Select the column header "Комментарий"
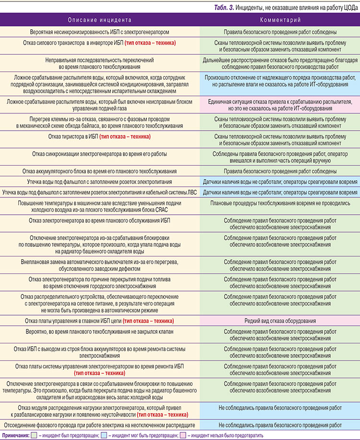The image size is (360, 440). click(x=280, y=21)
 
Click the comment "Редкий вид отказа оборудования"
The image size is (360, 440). click(x=280, y=320)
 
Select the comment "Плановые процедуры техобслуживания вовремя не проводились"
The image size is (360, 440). click(x=280, y=203)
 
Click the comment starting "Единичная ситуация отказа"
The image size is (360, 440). click(x=280, y=105)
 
